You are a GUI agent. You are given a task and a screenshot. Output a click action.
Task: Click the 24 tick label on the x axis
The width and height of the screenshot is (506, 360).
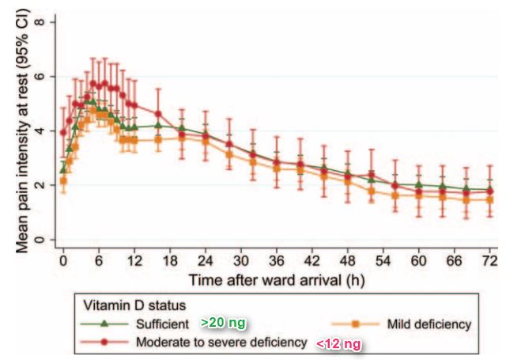pos(206,260)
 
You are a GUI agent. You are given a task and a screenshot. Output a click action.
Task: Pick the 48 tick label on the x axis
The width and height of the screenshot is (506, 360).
pos(349,260)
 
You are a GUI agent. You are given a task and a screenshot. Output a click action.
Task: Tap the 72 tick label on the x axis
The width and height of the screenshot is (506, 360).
pos(490,260)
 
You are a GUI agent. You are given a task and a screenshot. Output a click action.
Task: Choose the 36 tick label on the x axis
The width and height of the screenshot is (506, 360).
pos(277,260)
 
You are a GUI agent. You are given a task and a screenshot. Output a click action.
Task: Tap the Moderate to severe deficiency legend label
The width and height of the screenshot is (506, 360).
pos(219,343)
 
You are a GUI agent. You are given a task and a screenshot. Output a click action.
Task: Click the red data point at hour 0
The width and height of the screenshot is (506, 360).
pos(63,133)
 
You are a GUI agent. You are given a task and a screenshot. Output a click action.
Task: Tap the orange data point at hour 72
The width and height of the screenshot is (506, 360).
pos(490,200)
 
